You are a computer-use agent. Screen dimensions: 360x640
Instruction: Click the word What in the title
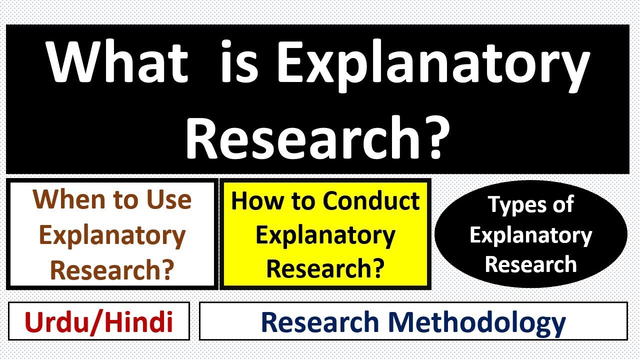pos(118,63)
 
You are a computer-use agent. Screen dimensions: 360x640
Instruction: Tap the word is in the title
pos(238,63)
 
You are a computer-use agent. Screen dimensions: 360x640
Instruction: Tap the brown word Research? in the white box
pos(112,270)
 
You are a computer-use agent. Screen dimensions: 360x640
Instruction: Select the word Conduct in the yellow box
pos(370,200)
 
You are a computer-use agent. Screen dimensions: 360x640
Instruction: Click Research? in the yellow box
pos(325,268)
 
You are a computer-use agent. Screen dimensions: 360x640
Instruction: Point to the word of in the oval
pos(561,205)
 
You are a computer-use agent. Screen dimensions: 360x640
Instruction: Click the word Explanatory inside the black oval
pos(530,235)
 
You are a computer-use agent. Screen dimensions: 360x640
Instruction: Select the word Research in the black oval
pos(530,264)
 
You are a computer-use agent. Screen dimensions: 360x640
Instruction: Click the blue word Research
pos(320,322)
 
